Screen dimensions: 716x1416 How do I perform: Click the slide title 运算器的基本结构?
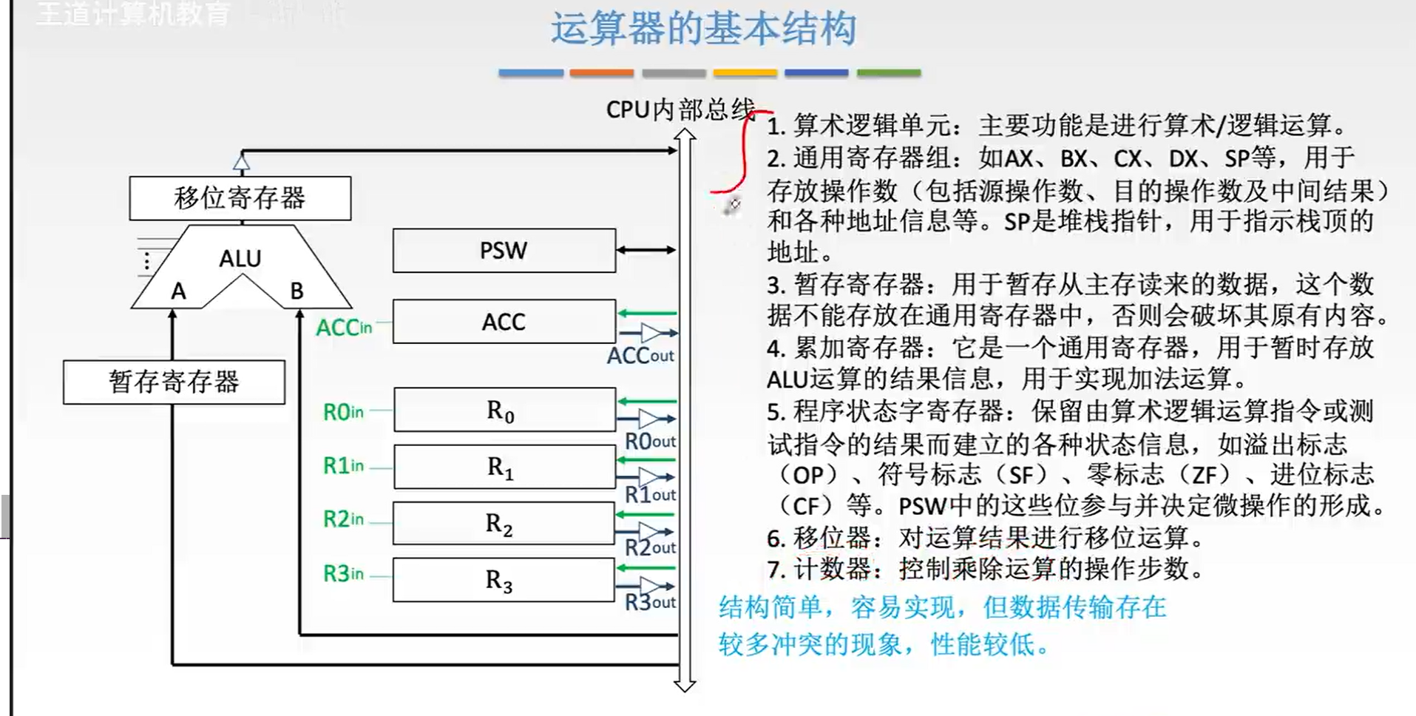[x=702, y=30]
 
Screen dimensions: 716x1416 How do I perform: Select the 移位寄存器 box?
[x=240, y=198]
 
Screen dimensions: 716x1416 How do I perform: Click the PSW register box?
[x=504, y=251]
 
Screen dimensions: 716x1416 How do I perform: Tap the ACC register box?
[x=504, y=322]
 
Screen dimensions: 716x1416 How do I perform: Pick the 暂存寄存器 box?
[x=174, y=382]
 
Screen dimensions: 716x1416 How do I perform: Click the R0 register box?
[x=504, y=410]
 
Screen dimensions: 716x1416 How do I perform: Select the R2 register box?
[x=504, y=524]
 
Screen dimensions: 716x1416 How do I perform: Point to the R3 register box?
[x=504, y=580]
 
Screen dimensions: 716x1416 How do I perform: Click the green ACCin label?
[x=344, y=328]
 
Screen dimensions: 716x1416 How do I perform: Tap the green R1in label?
[x=343, y=466]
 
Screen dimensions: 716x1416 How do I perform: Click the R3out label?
[x=650, y=602]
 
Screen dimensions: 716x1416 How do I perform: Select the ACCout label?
[x=640, y=356]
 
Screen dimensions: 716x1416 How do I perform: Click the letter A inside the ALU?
[x=178, y=291]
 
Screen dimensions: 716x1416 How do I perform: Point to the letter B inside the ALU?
[x=297, y=291]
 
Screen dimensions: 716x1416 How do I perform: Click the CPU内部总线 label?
[x=680, y=109]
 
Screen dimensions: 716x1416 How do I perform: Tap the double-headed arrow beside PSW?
[x=646, y=250]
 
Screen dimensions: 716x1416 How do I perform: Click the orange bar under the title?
[x=601, y=73]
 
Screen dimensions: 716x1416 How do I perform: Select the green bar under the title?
[x=888, y=73]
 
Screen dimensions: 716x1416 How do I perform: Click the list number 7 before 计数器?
[x=775, y=570]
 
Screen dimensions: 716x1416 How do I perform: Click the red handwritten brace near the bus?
[x=742, y=155]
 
